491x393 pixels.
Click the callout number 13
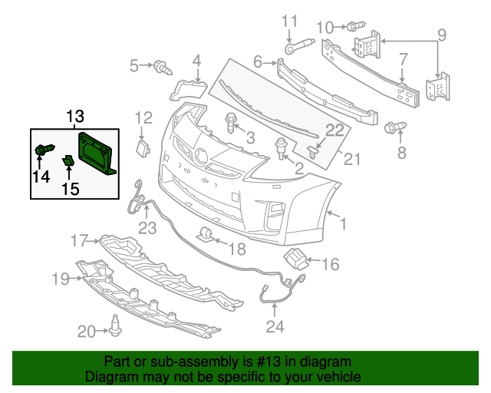click(74, 117)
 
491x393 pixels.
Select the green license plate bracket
click(97, 153)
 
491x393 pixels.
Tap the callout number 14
click(41, 177)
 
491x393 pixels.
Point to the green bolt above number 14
click(44, 150)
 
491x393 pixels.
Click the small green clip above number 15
click(68, 160)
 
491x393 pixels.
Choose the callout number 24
click(275, 326)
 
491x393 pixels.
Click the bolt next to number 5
click(162, 67)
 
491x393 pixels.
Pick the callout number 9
click(441, 35)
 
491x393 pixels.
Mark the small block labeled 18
click(204, 234)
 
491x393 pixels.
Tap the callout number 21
click(351, 160)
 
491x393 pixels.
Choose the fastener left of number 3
click(230, 121)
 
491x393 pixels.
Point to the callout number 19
click(61, 279)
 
